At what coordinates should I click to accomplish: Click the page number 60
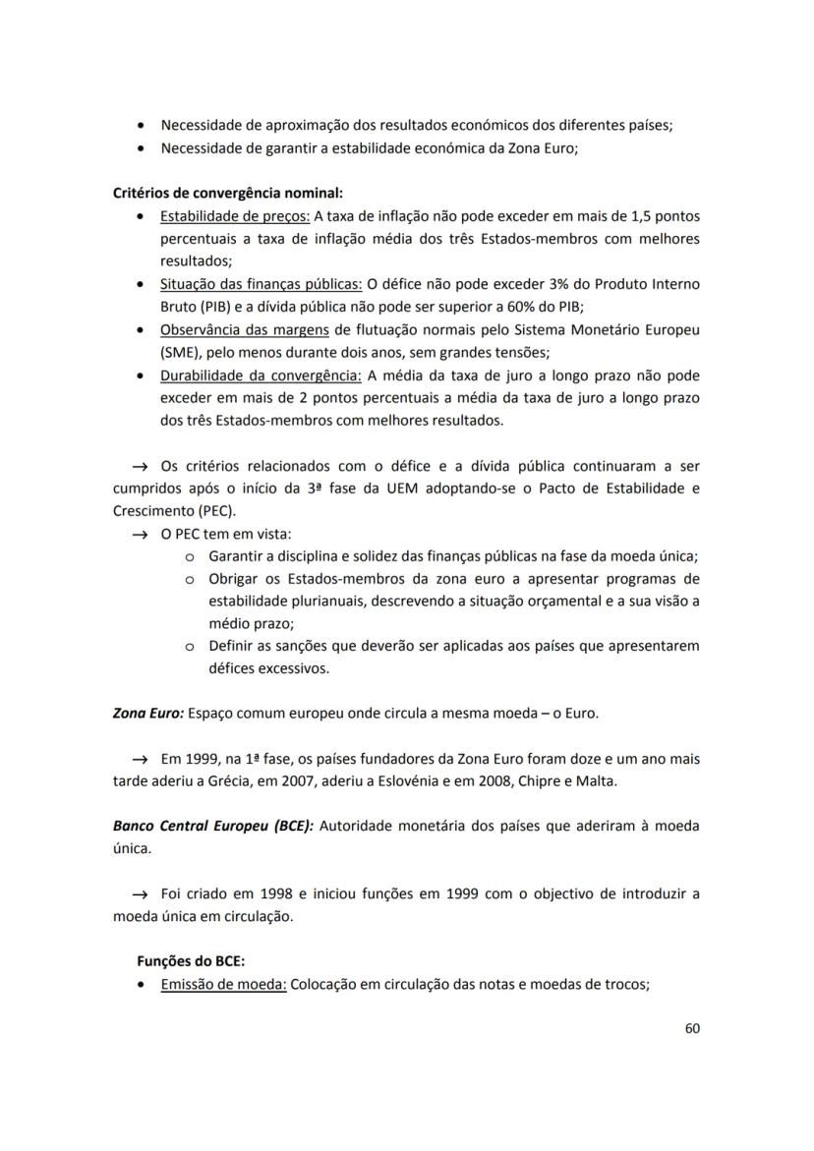[691, 1028]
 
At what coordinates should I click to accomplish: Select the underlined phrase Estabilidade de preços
[235, 216]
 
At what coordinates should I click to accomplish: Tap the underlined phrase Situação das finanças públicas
[261, 284]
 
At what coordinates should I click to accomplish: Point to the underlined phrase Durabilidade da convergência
[262, 375]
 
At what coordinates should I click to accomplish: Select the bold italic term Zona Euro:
[147, 713]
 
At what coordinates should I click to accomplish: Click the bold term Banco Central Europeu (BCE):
[213, 826]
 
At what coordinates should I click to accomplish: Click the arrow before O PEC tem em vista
[142, 534]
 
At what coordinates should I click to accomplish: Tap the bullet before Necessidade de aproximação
[144, 126]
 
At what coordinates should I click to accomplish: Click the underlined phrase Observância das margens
[245, 329]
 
